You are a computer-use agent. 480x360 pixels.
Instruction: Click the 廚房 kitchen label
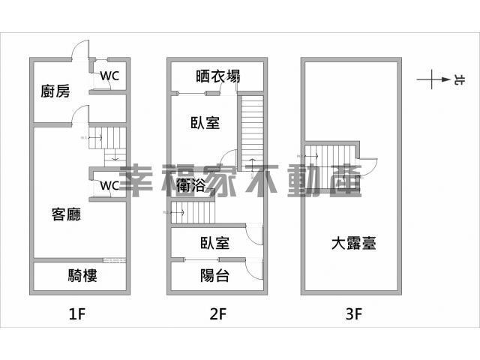pyautogui.click(x=55, y=92)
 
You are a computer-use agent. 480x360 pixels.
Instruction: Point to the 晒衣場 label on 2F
pyautogui.click(x=217, y=76)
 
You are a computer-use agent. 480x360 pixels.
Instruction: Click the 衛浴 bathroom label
pyautogui.click(x=193, y=184)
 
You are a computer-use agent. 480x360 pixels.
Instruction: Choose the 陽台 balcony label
pyautogui.click(x=214, y=276)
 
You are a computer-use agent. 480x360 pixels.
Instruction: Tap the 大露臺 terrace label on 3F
pyautogui.click(x=353, y=244)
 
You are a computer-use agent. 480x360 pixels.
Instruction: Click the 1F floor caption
pyautogui.click(x=77, y=315)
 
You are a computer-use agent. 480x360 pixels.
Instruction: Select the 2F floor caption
pyautogui.click(x=217, y=315)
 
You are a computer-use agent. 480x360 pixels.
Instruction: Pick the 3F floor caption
pyautogui.click(x=354, y=315)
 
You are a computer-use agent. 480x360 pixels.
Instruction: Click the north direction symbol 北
pyautogui.click(x=457, y=78)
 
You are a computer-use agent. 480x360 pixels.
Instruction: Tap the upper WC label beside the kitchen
pyautogui.click(x=109, y=76)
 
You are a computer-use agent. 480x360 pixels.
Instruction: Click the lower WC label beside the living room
pyautogui.click(x=109, y=185)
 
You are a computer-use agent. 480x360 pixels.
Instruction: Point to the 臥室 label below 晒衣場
pyautogui.click(x=205, y=123)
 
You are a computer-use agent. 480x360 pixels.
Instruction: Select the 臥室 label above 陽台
pyautogui.click(x=214, y=243)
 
